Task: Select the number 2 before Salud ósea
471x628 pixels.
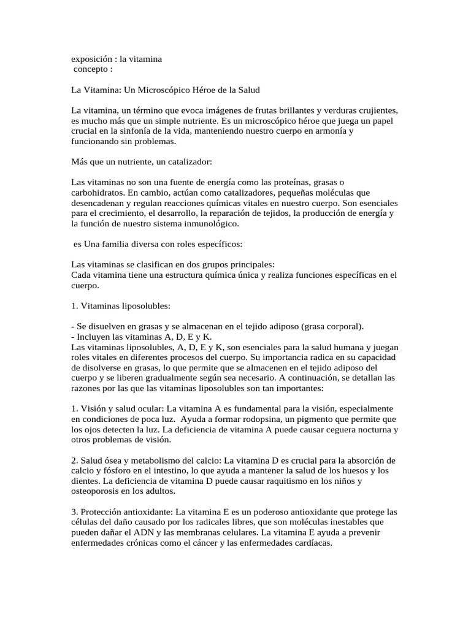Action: click(x=74, y=461)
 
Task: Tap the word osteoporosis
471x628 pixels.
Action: click(x=99, y=492)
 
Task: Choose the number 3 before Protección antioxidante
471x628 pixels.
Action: click(x=74, y=512)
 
